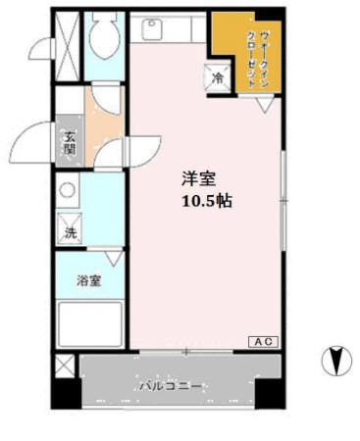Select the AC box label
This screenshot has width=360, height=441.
point(263,341)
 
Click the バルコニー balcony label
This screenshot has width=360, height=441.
point(170,385)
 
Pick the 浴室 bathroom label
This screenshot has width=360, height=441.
point(89,281)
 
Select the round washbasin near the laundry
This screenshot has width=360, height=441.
point(68,191)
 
